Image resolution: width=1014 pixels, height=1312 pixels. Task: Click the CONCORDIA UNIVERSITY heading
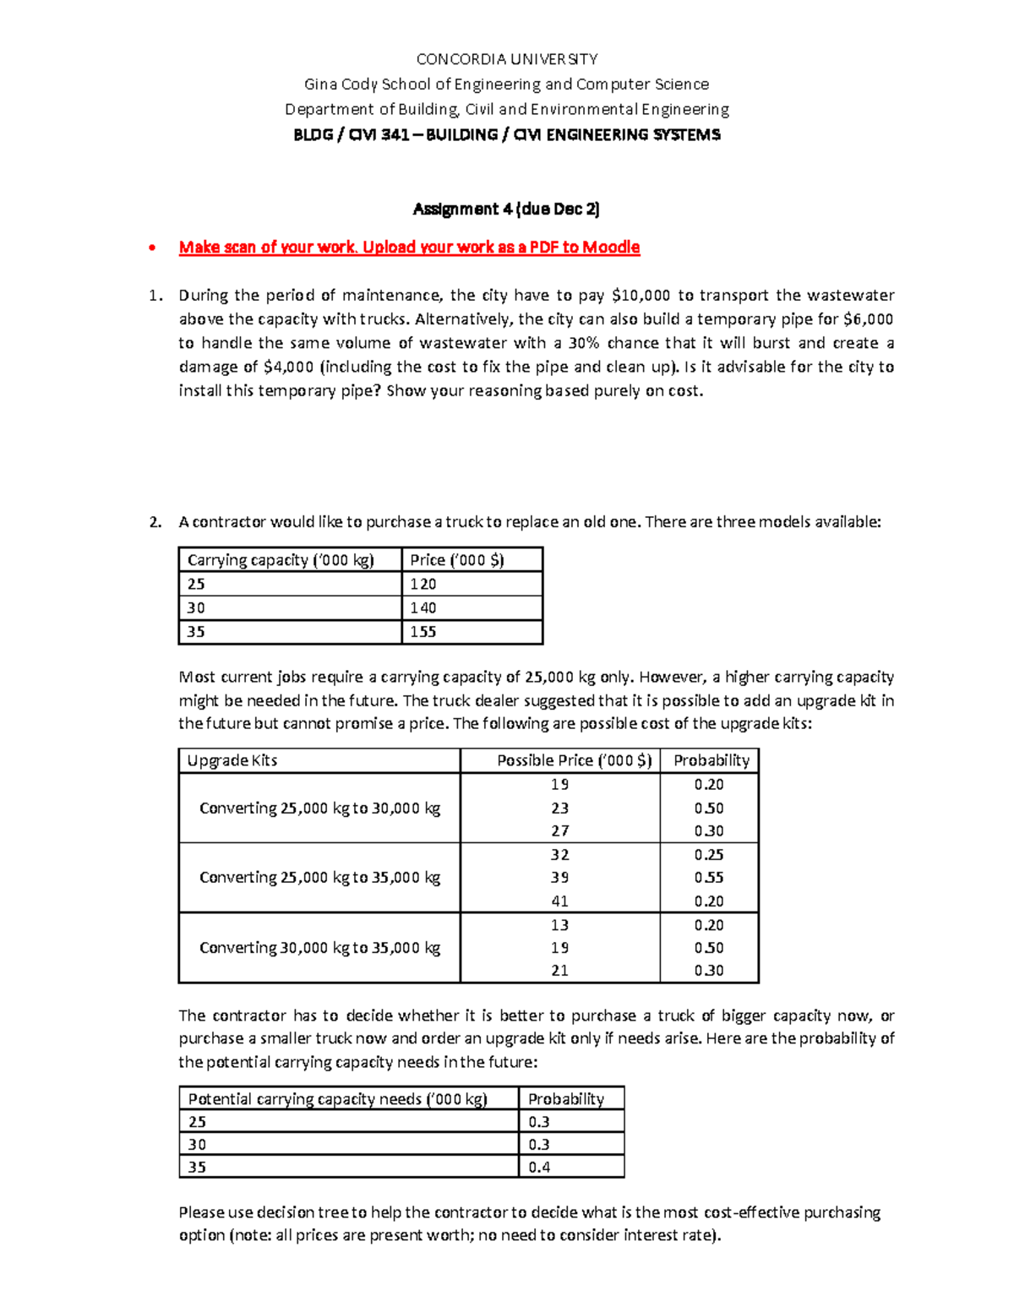point(506,59)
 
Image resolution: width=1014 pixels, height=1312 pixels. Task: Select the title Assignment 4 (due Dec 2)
point(506,209)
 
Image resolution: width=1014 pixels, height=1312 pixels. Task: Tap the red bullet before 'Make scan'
point(152,248)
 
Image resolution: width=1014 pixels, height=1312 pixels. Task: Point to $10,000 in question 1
point(640,296)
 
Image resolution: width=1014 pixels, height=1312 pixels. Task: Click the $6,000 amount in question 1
point(868,319)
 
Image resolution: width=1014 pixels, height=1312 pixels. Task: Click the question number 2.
point(155,522)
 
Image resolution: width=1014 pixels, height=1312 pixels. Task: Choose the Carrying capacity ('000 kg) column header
point(281,560)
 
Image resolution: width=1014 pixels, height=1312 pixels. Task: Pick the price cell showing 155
point(423,632)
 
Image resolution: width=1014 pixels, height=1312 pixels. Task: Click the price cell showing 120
point(423,584)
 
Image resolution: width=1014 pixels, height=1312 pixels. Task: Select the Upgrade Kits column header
point(232,760)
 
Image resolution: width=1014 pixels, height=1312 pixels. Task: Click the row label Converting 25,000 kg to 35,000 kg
point(319,877)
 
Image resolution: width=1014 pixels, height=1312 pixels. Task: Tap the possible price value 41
point(559,901)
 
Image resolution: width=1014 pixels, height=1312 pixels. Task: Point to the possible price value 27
point(559,830)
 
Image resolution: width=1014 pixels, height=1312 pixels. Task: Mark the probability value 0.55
point(709,877)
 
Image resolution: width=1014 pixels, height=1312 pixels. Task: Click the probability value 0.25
point(709,854)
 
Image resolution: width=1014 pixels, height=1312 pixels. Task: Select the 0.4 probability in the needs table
point(539,1167)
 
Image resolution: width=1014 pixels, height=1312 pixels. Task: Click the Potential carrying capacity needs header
point(338,1098)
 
